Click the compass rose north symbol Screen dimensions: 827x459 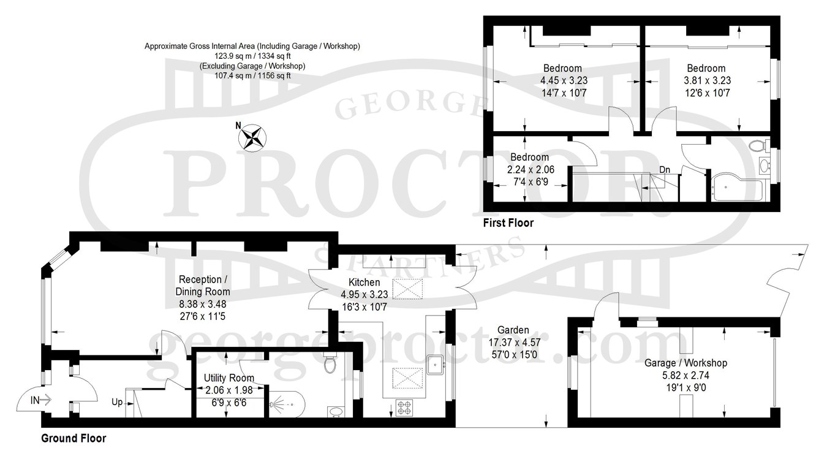(x=252, y=138)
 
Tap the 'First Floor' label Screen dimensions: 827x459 (x=508, y=223)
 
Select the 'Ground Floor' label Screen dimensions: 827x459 (x=74, y=438)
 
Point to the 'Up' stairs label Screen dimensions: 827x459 (x=117, y=402)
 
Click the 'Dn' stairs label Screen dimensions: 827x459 (x=665, y=170)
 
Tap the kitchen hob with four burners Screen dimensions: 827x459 (x=405, y=408)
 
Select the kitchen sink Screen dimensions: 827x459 (x=436, y=365)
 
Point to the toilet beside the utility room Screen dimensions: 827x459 (x=330, y=363)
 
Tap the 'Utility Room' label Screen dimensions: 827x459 (x=229, y=377)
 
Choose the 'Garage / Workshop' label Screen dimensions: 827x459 (x=685, y=363)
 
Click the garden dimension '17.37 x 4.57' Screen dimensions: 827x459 (x=515, y=343)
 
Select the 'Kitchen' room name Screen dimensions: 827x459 (x=364, y=283)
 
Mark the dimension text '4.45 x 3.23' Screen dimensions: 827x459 (x=564, y=80)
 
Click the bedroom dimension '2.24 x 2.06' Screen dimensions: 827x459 (x=531, y=170)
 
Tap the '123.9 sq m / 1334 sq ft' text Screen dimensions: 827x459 (x=252, y=56)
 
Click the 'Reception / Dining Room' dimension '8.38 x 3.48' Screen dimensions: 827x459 (x=202, y=305)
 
